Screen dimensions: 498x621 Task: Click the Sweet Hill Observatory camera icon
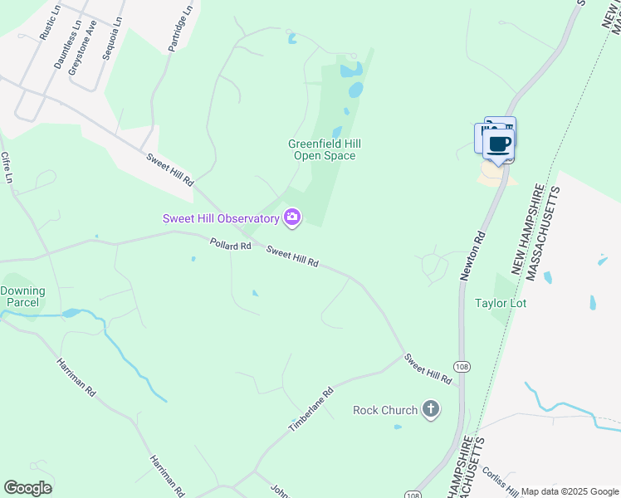pos(291,217)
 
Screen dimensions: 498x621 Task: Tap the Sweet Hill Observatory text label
pos(220,218)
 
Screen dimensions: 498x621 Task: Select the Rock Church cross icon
pos(430,409)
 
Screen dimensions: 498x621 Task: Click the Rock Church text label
pos(384,410)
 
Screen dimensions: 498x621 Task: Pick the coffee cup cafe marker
pos(498,144)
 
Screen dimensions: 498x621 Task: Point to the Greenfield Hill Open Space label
pos(325,149)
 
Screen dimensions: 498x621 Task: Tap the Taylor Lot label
pos(501,303)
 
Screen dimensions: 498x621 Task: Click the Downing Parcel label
pos(22,296)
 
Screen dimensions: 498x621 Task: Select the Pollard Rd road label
pos(230,245)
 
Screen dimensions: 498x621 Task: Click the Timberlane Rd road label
pos(310,408)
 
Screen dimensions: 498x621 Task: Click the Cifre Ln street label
pos(8,168)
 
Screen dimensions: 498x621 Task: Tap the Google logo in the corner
pos(28,488)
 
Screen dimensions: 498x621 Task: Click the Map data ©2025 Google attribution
pos(570,491)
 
